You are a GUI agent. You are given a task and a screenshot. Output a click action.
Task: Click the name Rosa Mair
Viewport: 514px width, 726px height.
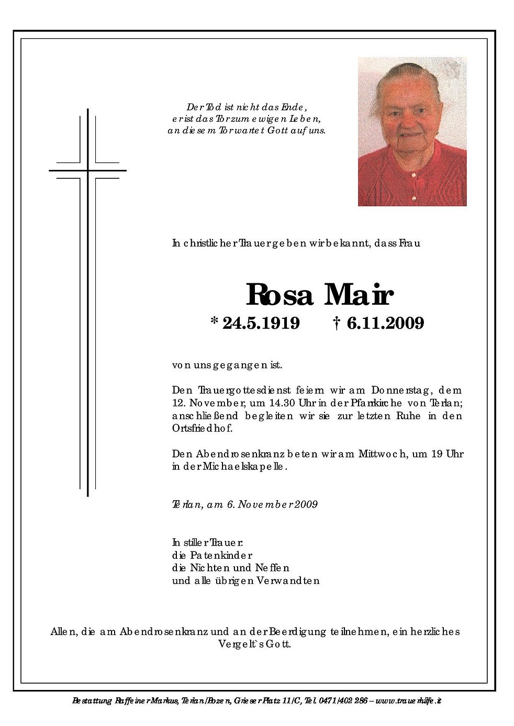pyautogui.click(x=319, y=295)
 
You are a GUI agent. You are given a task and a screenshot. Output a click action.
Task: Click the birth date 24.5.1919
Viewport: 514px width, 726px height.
pyautogui.click(x=261, y=324)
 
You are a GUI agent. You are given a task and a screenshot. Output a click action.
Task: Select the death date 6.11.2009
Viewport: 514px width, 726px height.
pyautogui.click(x=385, y=324)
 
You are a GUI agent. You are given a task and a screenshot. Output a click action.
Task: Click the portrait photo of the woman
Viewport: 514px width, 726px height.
pyautogui.click(x=412, y=132)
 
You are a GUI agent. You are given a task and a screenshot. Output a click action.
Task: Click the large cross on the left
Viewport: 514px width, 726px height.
pyautogui.click(x=88, y=302)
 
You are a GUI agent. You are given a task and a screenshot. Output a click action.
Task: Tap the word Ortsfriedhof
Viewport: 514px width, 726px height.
pyautogui.click(x=202, y=429)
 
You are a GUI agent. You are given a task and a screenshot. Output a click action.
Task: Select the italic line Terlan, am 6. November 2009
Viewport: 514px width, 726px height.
pyautogui.click(x=244, y=504)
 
